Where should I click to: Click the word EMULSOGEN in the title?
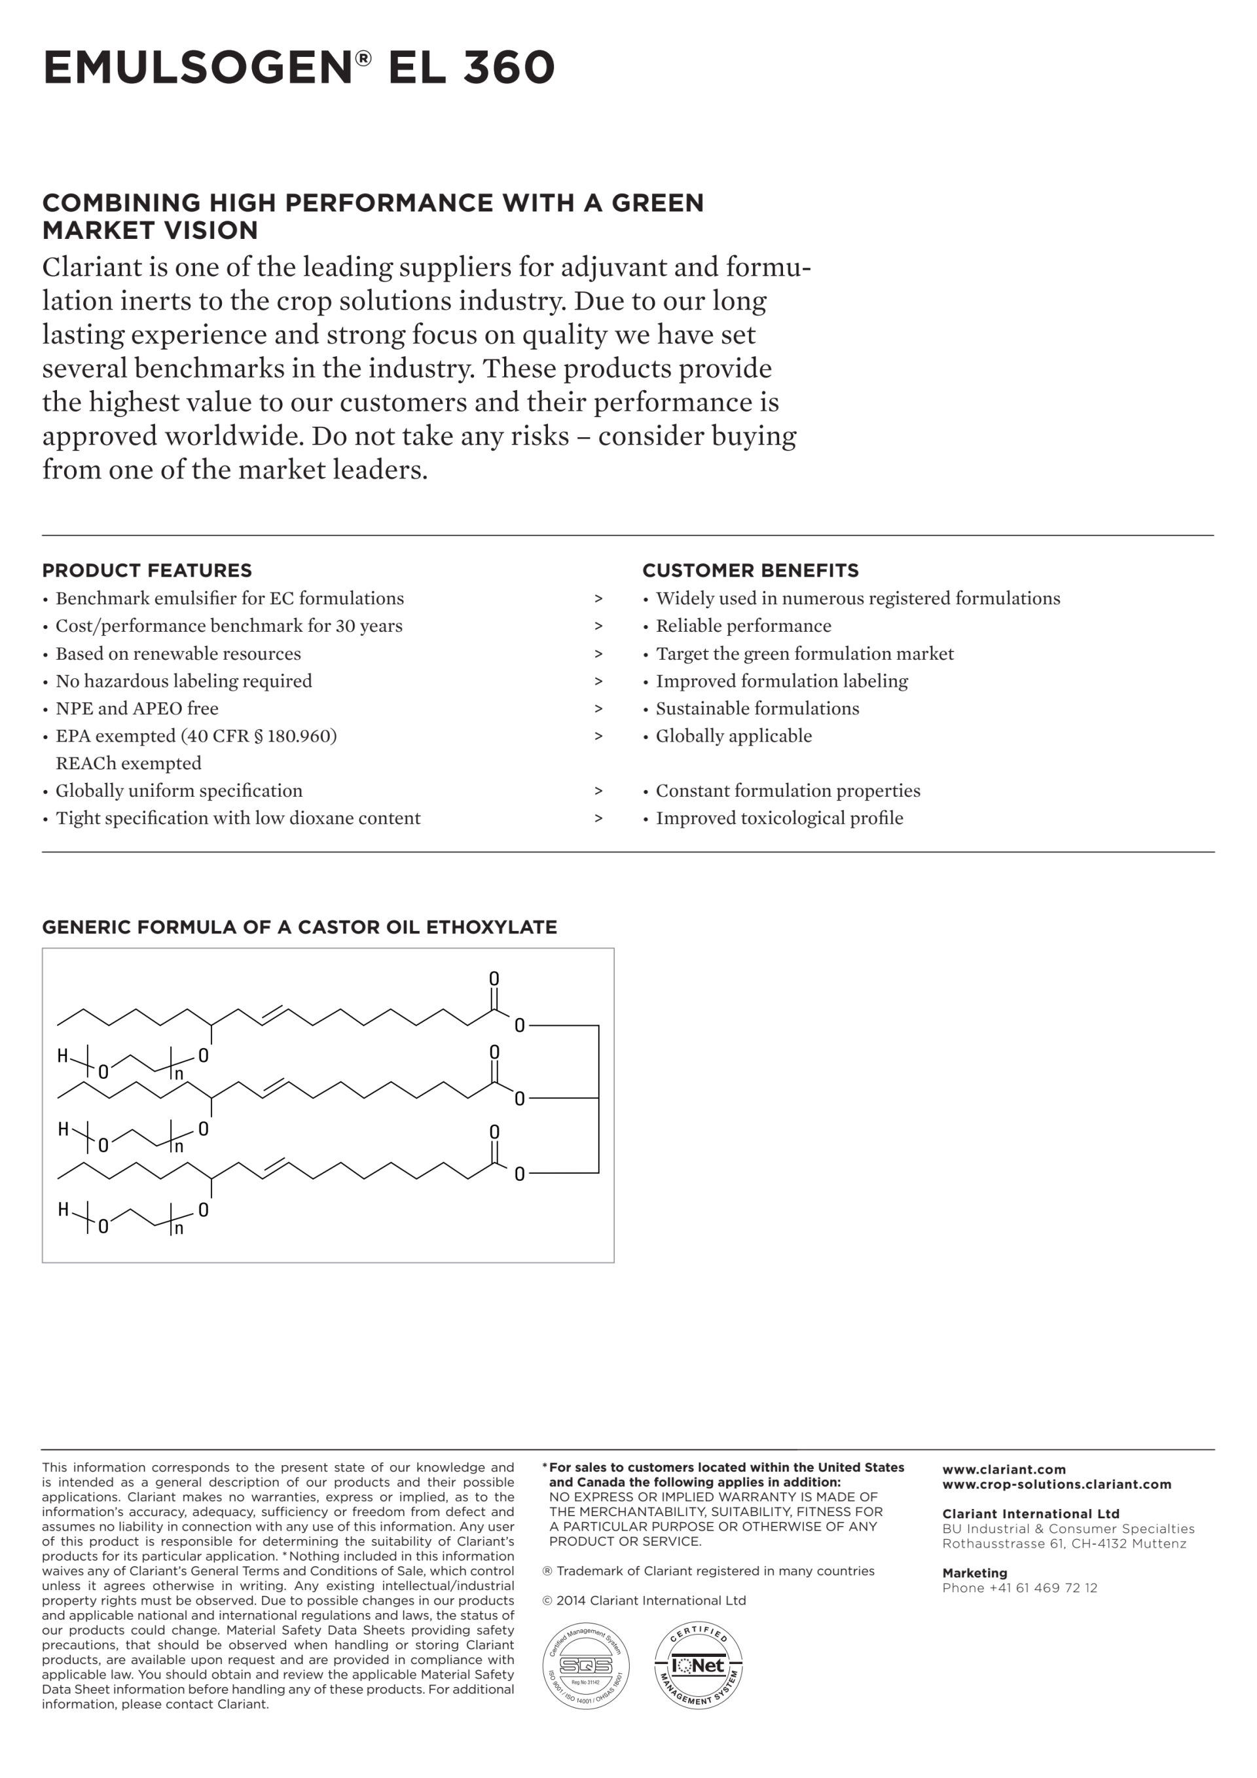(x=198, y=67)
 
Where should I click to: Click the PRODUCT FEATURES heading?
(x=147, y=571)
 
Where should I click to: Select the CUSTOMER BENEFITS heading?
(x=750, y=571)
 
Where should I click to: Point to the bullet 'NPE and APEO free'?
(x=136, y=708)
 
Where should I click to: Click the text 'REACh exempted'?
(x=128, y=763)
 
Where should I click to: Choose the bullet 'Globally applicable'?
(x=733, y=736)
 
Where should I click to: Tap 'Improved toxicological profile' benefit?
(x=779, y=818)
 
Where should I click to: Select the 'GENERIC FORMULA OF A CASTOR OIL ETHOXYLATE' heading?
(x=299, y=927)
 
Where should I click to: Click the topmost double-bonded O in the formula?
(x=494, y=979)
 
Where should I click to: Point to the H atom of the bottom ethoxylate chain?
(x=64, y=1210)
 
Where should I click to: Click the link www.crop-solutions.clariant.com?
(x=1057, y=1485)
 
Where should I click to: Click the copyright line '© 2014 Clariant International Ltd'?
(x=644, y=1601)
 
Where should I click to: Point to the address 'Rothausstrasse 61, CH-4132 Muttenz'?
(x=1064, y=1544)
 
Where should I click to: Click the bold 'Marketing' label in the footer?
(x=974, y=1574)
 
